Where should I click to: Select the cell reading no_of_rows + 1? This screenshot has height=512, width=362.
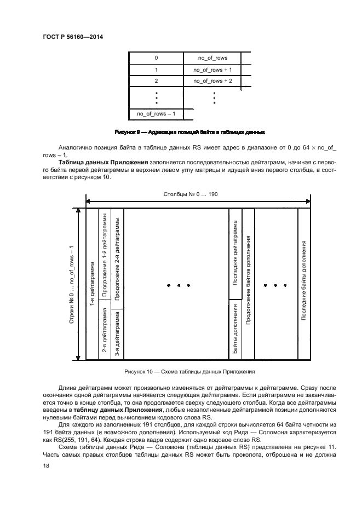pyautogui.click(x=213, y=70)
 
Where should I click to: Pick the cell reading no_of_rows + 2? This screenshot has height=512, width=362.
pyautogui.click(x=213, y=81)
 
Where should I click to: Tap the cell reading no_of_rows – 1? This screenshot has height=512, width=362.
pyautogui.click(x=155, y=114)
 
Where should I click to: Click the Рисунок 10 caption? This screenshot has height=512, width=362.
pyautogui.click(x=189, y=372)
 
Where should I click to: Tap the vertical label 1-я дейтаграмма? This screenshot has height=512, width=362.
pyautogui.click(x=91, y=284)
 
